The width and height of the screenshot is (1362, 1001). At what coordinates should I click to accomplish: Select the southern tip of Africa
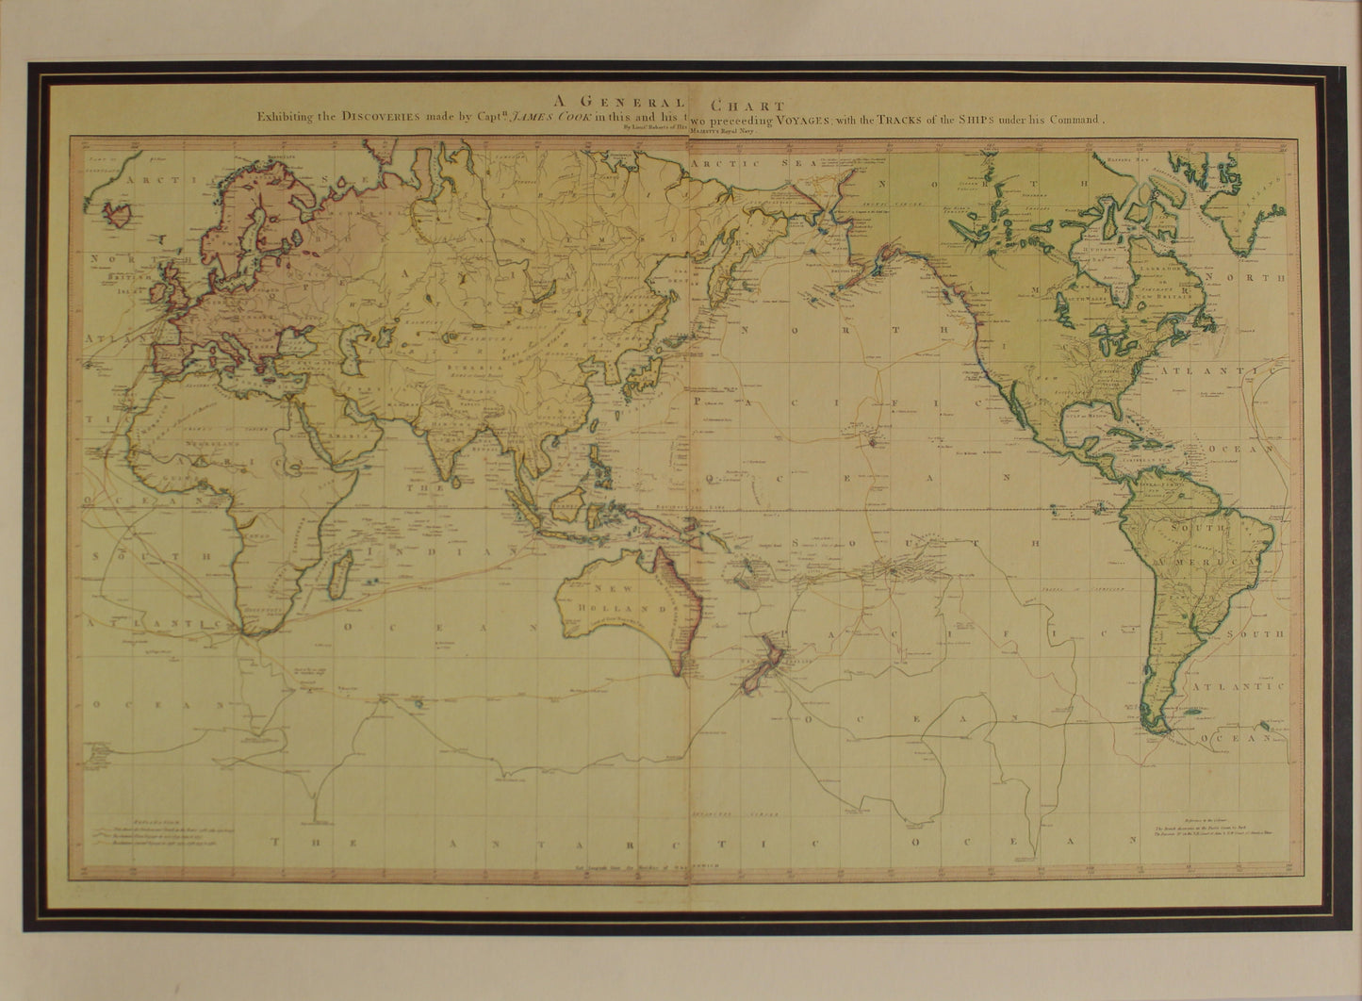[x=247, y=634]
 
